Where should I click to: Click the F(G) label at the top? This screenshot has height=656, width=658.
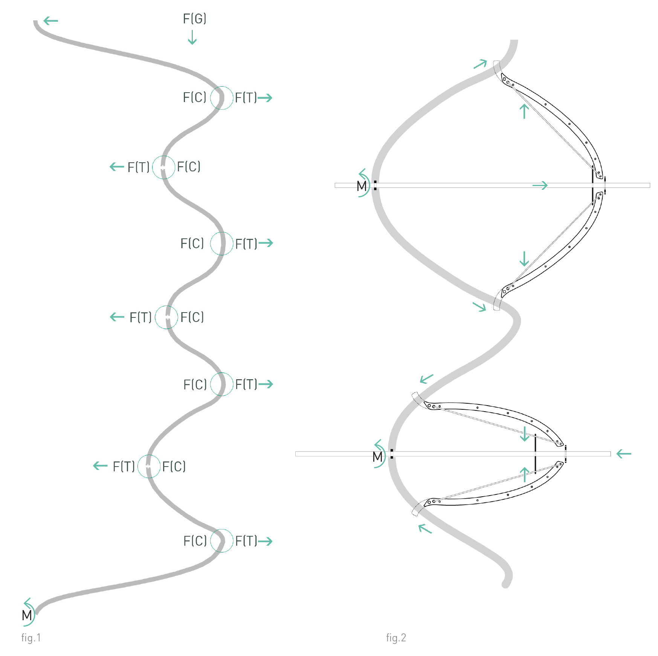pyautogui.click(x=194, y=18)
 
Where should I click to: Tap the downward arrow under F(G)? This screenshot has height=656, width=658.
pyautogui.click(x=192, y=37)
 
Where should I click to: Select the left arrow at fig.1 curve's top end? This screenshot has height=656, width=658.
pyautogui.click(x=51, y=21)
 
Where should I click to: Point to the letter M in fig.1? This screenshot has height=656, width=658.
pyautogui.click(x=27, y=615)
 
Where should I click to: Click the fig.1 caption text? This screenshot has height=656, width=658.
pyautogui.click(x=31, y=638)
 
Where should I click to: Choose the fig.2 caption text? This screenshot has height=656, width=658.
pyautogui.click(x=396, y=638)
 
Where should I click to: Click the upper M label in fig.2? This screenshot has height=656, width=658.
pyautogui.click(x=362, y=186)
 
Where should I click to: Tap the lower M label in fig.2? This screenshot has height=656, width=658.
pyautogui.click(x=377, y=457)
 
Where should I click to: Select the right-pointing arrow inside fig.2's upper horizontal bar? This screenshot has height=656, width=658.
pyautogui.click(x=540, y=185)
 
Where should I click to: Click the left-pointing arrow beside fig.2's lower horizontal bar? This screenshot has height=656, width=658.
pyautogui.click(x=624, y=454)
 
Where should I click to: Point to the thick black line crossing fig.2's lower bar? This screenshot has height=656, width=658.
pyautogui.click(x=535, y=454)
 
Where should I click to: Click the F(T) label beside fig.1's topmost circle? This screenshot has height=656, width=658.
pyautogui.click(x=246, y=98)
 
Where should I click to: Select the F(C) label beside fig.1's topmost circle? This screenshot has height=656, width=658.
pyautogui.click(x=194, y=98)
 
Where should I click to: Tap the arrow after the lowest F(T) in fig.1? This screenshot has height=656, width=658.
pyautogui.click(x=265, y=542)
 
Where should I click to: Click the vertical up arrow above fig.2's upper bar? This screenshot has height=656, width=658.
pyautogui.click(x=524, y=111)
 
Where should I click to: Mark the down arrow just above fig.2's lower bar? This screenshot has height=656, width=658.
pyautogui.click(x=524, y=434)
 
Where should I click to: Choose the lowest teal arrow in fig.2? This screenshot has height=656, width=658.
pyautogui.click(x=425, y=528)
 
